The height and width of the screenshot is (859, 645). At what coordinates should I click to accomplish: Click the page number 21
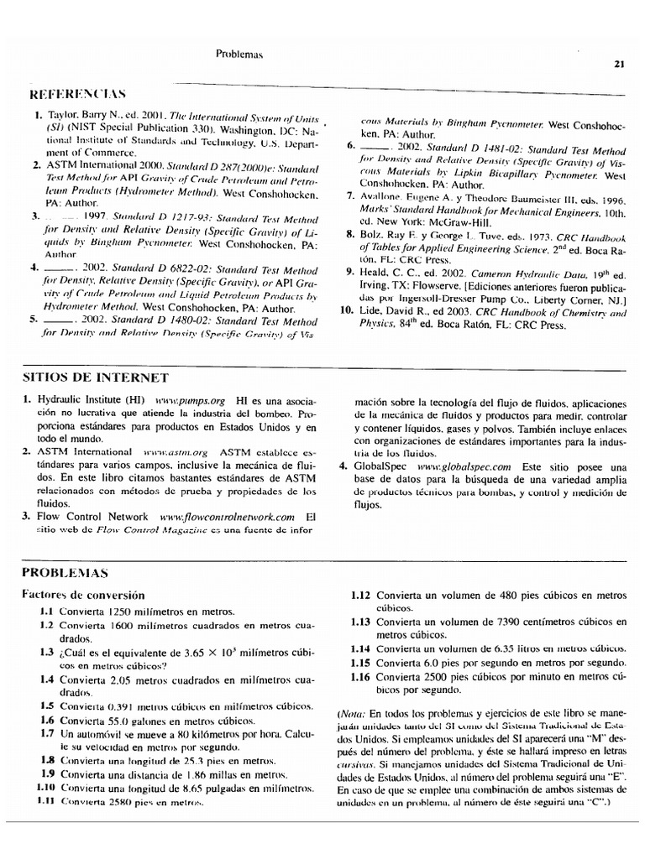(619, 63)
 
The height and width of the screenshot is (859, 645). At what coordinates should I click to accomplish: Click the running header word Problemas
(240, 55)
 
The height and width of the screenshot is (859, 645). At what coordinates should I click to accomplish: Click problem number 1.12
(360, 594)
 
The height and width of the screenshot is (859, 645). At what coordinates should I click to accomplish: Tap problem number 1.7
(47, 733)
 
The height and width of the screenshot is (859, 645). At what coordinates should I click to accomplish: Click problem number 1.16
(360, 675)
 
